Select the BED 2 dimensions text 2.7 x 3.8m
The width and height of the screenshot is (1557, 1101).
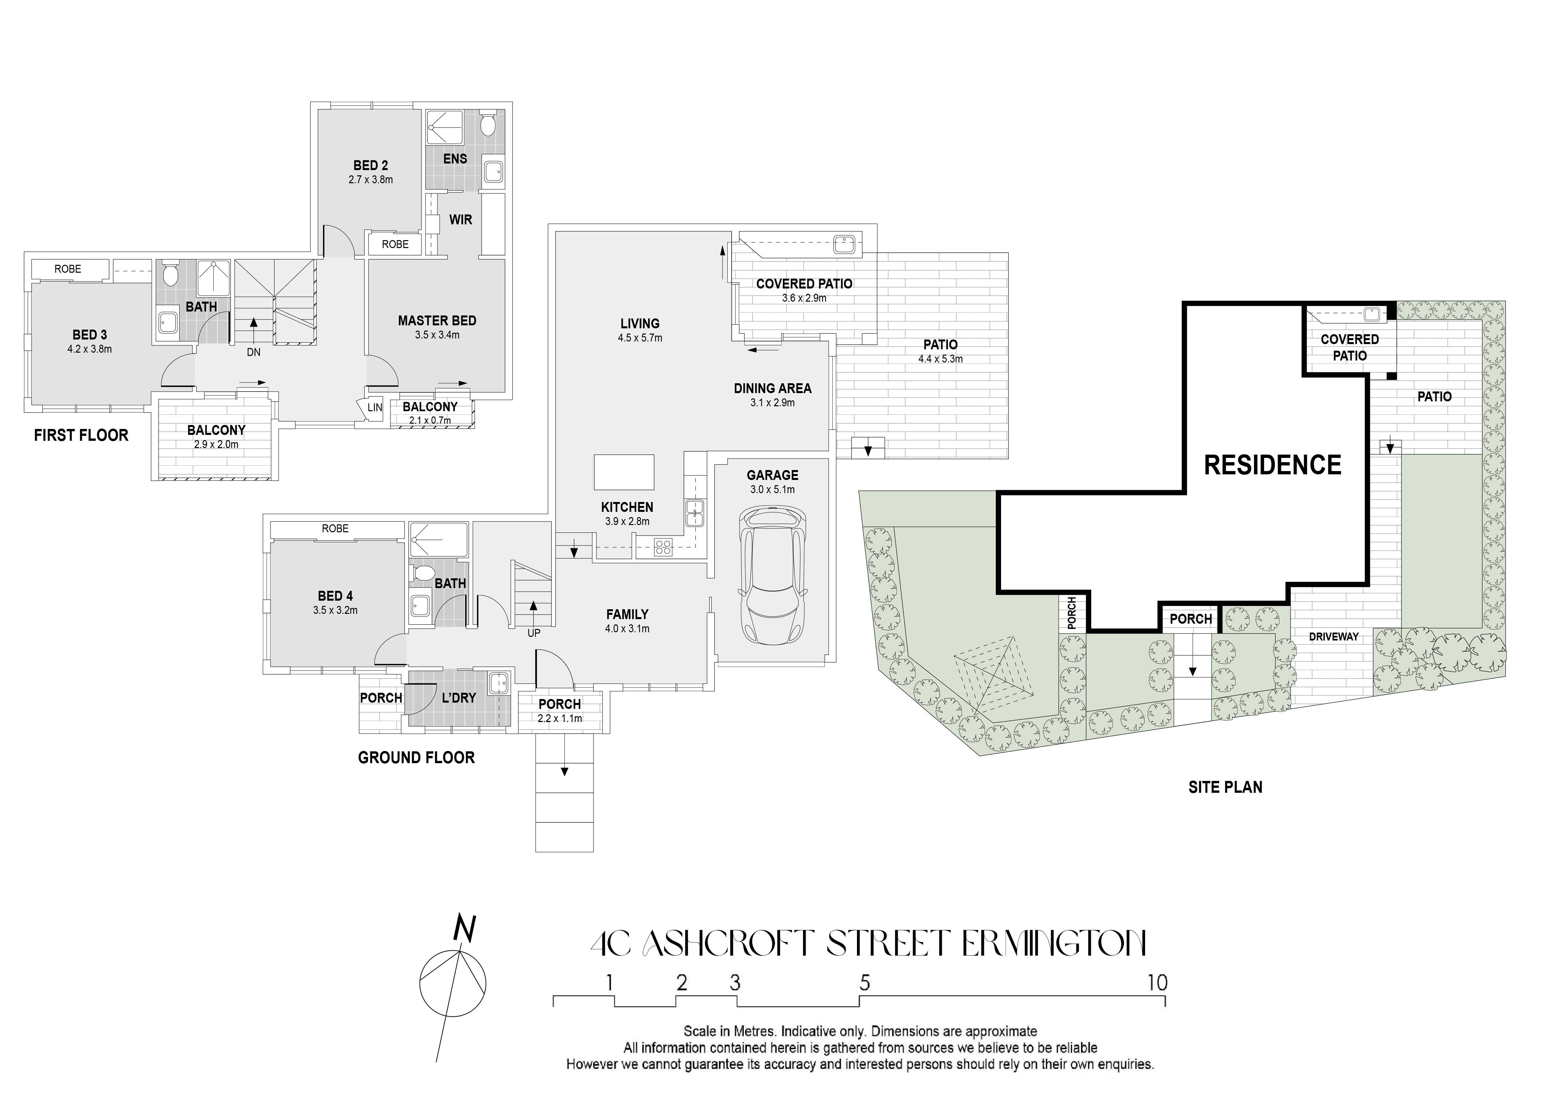[370, 180]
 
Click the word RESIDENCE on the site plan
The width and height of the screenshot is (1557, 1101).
[1272, 465]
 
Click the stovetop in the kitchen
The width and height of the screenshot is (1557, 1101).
[663, 546]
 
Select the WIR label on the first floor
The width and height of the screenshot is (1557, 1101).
[461, 220]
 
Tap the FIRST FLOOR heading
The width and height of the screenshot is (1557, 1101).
[81, 435]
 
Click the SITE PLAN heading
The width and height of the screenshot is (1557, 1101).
[1225, 787]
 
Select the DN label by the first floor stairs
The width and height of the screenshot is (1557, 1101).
[254, 353]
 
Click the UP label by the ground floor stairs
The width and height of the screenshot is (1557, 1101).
[534, 633]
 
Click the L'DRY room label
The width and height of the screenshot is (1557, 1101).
[459, 698]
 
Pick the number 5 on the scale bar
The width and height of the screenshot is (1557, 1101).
[865, 982]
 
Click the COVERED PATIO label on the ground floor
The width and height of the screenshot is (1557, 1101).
[804, 284]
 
